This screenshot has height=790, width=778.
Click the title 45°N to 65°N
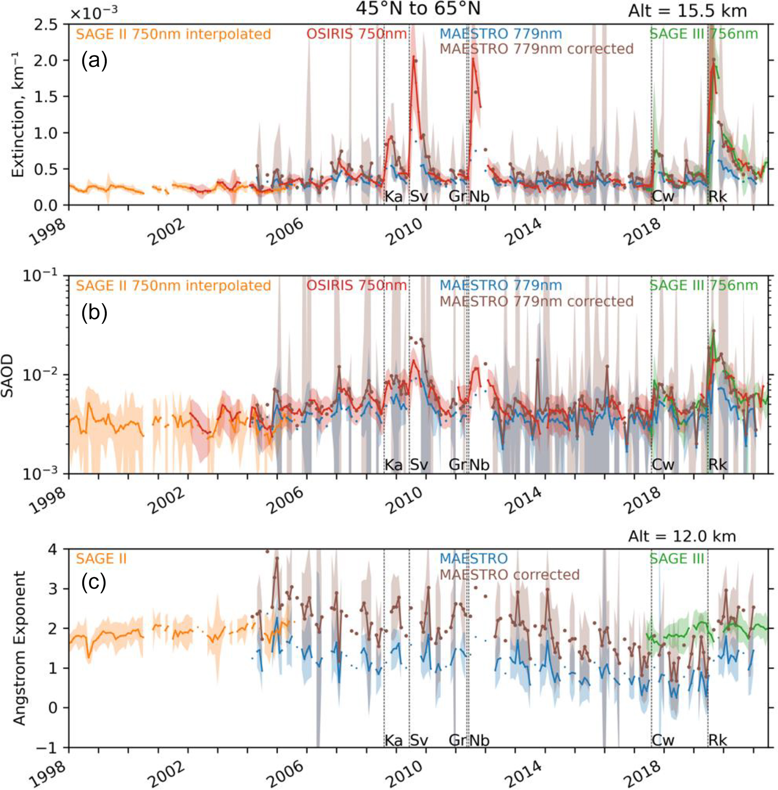(417, 9)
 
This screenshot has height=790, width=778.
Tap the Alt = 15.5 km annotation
(687, 11)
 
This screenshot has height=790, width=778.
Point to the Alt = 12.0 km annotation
(682, 536)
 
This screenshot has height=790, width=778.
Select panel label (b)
(94, 313)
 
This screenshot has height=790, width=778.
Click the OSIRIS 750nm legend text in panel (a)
(357, 34)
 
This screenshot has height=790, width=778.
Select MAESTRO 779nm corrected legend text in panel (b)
(536, 301)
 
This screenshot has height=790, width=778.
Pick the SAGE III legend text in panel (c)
(677, 558)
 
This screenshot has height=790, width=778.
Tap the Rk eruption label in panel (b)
(717, 465)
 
